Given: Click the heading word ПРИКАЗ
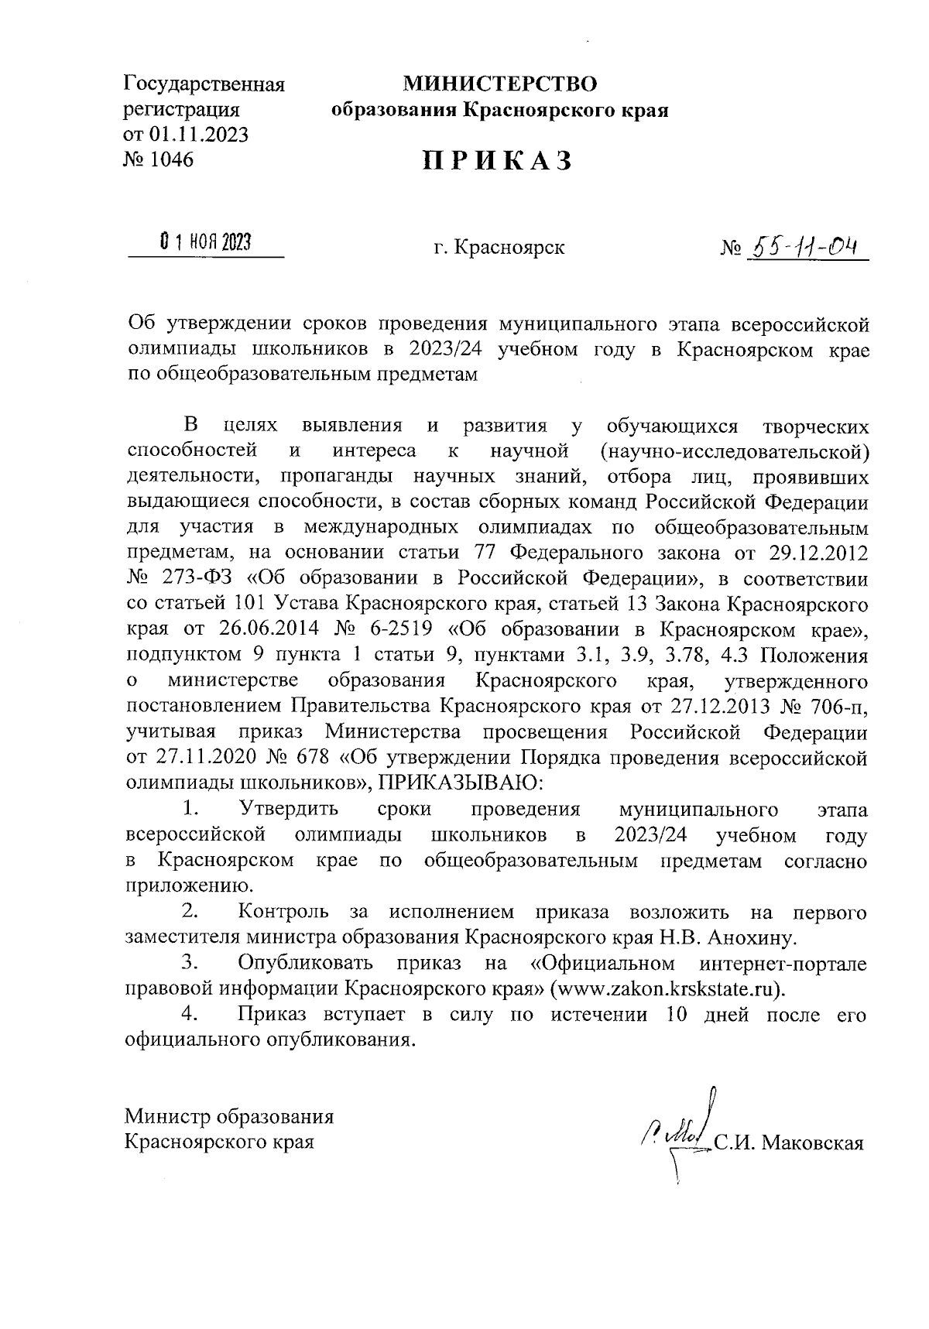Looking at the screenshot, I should coord(497,161).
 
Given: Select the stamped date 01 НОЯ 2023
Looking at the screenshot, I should coord(205,243).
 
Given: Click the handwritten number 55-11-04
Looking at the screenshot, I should coord(805,246).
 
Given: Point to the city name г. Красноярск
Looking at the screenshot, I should coord(499,248).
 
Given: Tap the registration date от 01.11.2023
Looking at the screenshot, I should coord(187,135).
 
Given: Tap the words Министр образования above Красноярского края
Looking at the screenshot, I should coord(229,1116).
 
